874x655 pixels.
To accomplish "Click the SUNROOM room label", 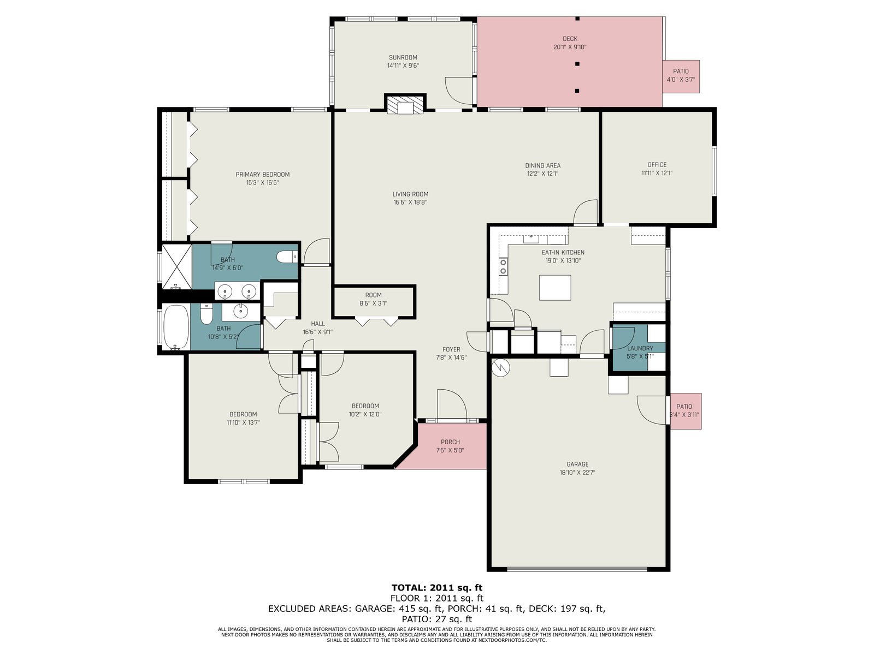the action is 403,58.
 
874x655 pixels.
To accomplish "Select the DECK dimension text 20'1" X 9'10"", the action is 569,47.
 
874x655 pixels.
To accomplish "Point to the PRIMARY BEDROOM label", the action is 262,175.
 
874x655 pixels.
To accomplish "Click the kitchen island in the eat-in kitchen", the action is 554,287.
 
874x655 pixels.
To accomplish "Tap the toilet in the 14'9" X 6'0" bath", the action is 287,257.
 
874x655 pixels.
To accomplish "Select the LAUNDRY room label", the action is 640,348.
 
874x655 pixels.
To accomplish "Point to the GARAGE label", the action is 577,464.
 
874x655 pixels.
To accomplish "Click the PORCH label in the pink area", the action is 450,442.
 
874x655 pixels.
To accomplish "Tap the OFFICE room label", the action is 657,165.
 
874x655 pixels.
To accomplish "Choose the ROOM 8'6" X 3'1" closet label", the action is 373,295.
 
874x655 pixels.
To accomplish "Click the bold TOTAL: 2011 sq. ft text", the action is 437,588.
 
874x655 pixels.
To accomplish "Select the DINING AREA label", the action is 542,165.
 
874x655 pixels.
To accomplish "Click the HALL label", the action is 318,324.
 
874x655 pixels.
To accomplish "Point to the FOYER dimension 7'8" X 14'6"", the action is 451,358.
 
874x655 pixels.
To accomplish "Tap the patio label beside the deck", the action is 681,72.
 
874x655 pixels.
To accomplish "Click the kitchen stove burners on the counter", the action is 503,266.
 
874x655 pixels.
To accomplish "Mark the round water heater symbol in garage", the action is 500,368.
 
